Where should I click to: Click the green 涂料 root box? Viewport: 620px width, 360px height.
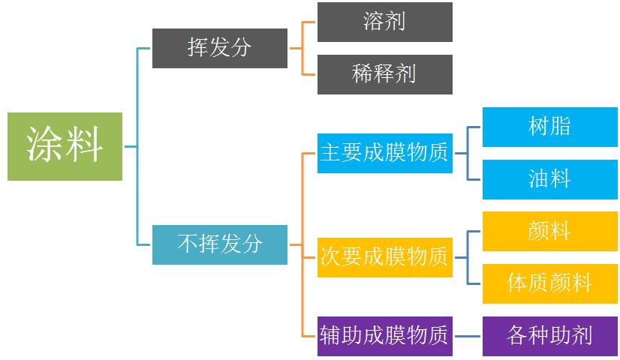tap(65, 146)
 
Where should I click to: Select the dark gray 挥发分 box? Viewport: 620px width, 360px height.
tap(219, 48)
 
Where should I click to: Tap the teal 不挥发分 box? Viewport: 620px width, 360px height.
tap(219, 244)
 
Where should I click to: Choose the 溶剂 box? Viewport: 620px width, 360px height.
tap(384, 22)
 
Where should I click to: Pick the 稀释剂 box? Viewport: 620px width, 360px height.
tap(384, 74)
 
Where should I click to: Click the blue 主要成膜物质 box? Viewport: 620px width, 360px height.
tap(384, 153)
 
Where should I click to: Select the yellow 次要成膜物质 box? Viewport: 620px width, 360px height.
tap(384, 257)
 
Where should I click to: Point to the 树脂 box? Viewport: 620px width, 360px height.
tap(549, 127)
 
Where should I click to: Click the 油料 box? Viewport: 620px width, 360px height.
tap(549, 179)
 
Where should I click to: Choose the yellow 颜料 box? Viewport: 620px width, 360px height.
tap(549, 231)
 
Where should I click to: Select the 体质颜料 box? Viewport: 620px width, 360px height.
tap(549, 283)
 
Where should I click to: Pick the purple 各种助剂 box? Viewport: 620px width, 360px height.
tap(549, 335)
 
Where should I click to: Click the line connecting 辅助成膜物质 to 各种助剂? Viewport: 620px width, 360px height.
tap(467, 335)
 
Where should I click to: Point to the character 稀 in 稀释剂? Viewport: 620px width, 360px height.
tap(363, 74)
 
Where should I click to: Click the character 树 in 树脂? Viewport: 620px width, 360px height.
tap(538, 127)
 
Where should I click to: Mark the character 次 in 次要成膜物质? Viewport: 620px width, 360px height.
tap(330, 257)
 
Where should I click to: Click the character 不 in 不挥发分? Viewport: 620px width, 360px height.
tap(187, 244)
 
